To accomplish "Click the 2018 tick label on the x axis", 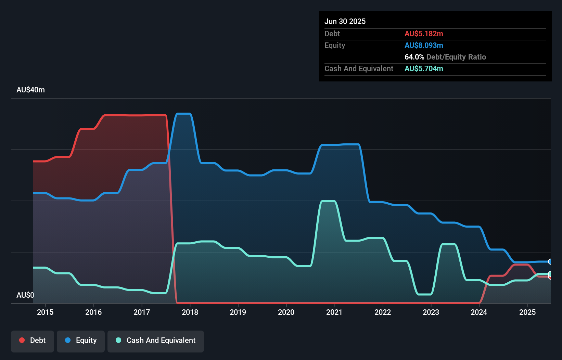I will pos(190,312).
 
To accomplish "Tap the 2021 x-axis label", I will pos(334,312).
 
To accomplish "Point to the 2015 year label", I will pos(45,312).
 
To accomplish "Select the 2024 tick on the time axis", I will pos(479,312).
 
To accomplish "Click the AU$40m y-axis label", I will pos(30,90).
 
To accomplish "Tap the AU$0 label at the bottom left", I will pos(25,295).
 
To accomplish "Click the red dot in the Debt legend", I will pos(22,340).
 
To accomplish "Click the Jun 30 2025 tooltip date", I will pos(345,21).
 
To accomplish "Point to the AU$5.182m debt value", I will pos(424,34).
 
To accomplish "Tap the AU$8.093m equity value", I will pos(424,45).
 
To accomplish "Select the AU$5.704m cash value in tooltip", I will pos(424,68).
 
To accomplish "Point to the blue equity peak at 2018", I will pos(183,114).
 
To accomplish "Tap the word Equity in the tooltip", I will pos(335,45).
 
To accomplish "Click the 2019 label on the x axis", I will pos(238,312).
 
